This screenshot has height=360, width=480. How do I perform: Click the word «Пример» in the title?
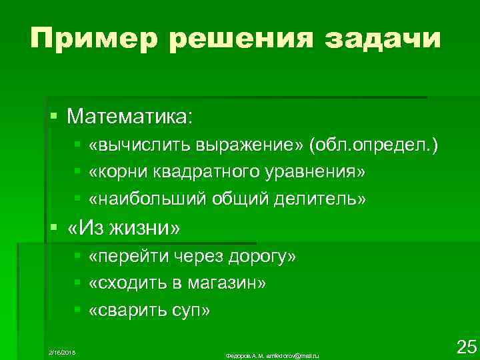pos(91,39)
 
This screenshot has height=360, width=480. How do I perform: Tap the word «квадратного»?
pos(200,172)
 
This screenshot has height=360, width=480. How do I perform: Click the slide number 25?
pos(465,346)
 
